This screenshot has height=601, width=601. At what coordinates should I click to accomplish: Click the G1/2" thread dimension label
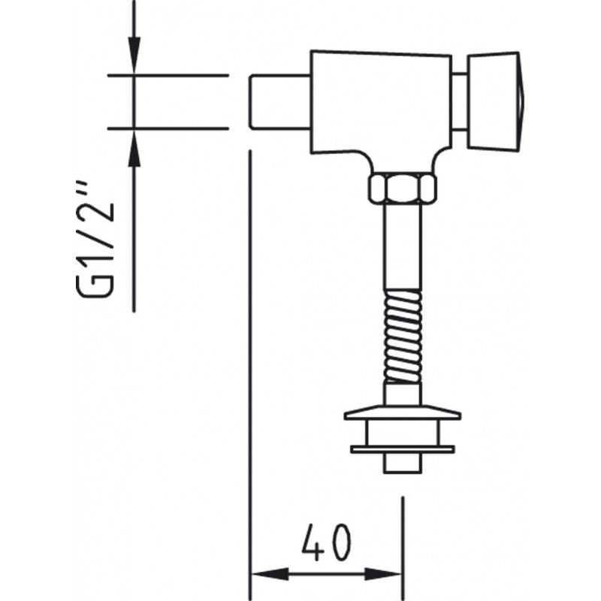point(95,239)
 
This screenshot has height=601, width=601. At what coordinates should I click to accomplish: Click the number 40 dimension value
point(326,542)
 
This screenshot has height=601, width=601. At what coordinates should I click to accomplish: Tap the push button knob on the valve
point(494,101)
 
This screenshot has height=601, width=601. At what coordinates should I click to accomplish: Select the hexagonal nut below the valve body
point(403,189)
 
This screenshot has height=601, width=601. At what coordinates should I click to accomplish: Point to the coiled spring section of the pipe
point(403,337)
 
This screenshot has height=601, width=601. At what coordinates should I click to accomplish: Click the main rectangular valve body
point(381,104)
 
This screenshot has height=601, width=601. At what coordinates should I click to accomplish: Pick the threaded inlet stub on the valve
point(279,102)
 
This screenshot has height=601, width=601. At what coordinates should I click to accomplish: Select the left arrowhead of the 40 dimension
point(270,574)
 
